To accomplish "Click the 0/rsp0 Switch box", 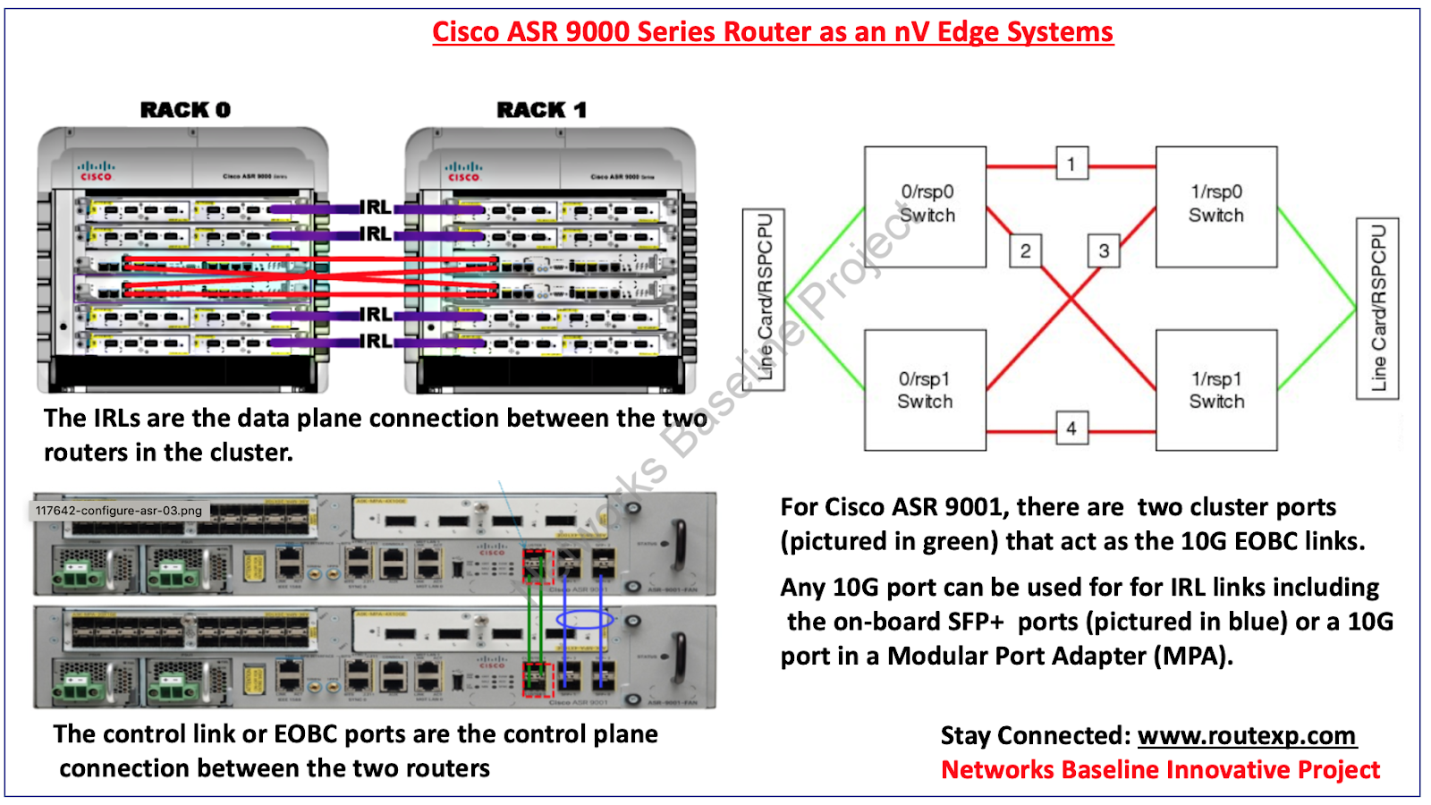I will pyautogui.click(x=925, y=206).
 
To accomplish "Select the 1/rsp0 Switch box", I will pyautogui.click(x=1215, y=206).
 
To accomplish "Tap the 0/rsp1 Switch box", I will pyautogui.click(x=925, y=390).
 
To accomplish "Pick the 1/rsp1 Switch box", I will pyautogui.click(x=1215, y=390).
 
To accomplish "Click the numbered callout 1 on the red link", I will pyautogui.click(x=1071, y=164).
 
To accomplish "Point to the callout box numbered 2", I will pyautogui.click(x=1025, y=251).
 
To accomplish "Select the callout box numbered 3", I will pyautogui.click(x=1104, y=251).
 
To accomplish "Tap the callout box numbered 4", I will pyautogui.click(x=1071, y=428).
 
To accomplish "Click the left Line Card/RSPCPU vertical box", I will pyautogui.click(x=764, y=299).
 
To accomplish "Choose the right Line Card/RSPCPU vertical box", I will pyautogui.click(x=1377, y=308).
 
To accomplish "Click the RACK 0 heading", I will pyautogui.click(x=185, y=110).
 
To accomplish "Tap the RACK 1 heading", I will pyautogui.click(x=542, y=110).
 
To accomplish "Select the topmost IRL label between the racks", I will pyautogui.click(x=376, y=208).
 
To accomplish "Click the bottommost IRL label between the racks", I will pyautogui.click(x=376, y=342).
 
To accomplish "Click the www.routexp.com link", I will pyautogui.click(x=1247, y=735).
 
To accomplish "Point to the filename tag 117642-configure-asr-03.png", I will pyautogui.click(x=119, y=511).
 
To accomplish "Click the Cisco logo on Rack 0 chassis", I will pyautogui.click(x=96, y=171).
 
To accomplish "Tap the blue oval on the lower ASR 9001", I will pyautogui.click(x=585, y=619).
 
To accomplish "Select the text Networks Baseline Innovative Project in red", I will pyautogui.click(x=1160, y=770).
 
